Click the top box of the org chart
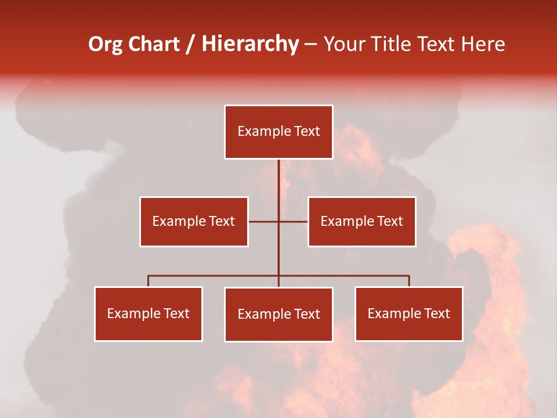pos(278,132)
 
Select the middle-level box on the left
pos(194,221)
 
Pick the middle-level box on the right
pos(361,221)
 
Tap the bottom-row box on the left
pos(149,313)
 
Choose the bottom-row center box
pos(278,314)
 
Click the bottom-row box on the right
pos(408,313)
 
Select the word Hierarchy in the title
pos(250,44)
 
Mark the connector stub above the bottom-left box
pos(149,281)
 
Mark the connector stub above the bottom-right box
pos(409,281)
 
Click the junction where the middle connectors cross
pos(278,221)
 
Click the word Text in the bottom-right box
pos(437,313)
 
